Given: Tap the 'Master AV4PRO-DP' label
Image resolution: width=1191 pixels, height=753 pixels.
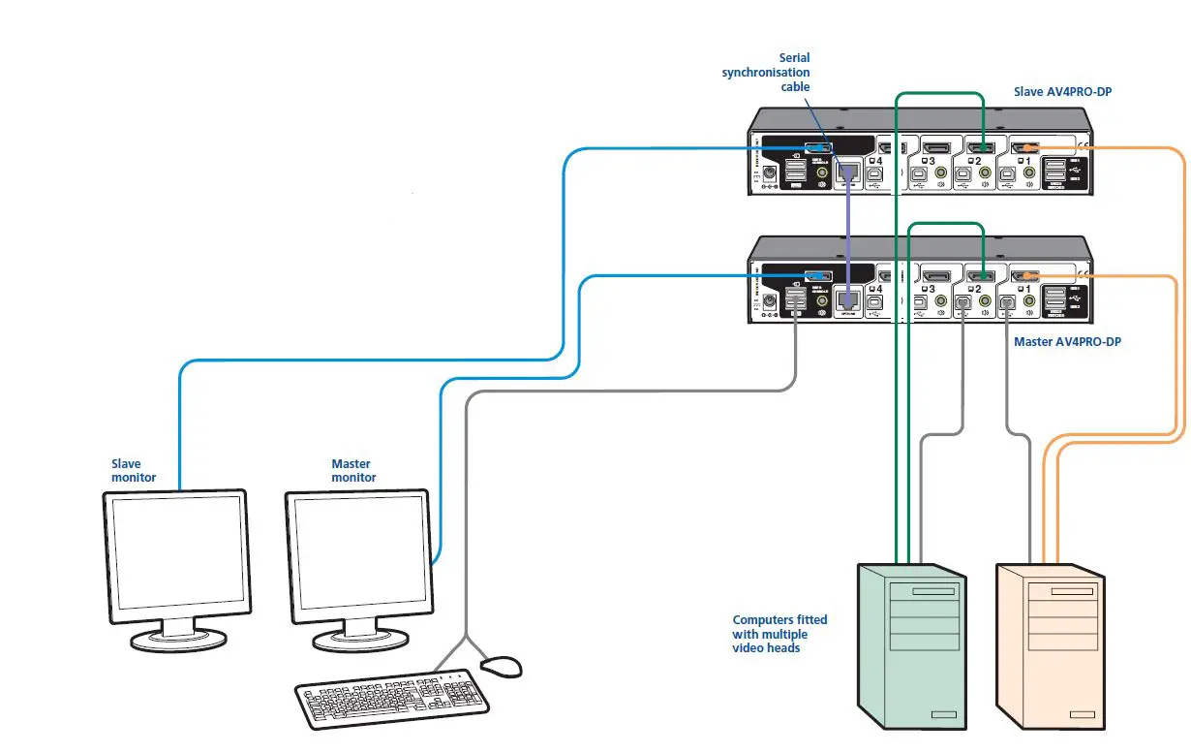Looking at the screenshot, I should click(x=1067, y=342).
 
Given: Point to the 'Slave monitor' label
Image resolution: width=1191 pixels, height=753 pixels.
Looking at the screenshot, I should click(x=133, y=470).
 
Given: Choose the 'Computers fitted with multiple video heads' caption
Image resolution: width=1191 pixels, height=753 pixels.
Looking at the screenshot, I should click(x=779, y=633).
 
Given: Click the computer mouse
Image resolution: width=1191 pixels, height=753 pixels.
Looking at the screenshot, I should click(x=501, y=666).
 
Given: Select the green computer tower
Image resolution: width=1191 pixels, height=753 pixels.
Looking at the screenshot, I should click(x=912, y=644).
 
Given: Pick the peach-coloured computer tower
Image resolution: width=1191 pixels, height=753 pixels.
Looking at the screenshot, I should click(x=1051, y=644).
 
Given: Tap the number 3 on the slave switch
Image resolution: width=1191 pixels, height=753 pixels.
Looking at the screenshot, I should click(x=931, y=160).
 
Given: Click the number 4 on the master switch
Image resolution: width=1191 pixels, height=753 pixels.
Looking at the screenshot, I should click(x=879, y=287).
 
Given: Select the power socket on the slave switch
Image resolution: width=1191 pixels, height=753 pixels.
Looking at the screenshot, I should click(x=770, y=174).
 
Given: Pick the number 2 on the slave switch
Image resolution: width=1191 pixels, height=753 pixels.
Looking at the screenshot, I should click(x=978, y=160).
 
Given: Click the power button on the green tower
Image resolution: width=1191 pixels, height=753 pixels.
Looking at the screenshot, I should click(x=939, y=715).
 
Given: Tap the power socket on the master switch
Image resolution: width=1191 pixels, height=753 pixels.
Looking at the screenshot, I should click(x=770, y=301).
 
